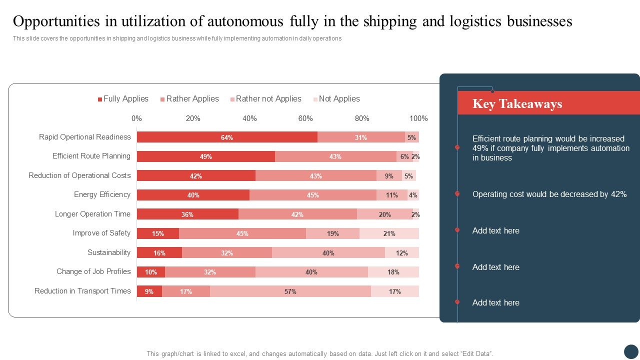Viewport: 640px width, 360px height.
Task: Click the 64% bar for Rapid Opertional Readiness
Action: click(227, 137)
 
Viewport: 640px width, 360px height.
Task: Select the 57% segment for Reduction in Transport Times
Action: click(290, 291)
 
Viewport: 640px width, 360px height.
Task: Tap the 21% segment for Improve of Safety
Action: click(389, 233)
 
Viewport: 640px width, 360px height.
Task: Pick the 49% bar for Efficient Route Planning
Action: click(205, 156)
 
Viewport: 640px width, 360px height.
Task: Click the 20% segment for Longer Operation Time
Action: click(384, 214)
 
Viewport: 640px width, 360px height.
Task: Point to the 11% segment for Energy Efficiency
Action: click(391, 195)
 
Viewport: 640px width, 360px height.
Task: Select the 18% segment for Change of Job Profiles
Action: click(393, 272)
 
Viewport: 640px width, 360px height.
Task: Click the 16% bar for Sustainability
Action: click(159, 253)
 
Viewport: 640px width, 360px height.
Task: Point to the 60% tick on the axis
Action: click(305, 118)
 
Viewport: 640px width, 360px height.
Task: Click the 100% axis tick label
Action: click(418, 118)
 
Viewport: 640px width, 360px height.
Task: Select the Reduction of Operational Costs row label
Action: click(79, 175)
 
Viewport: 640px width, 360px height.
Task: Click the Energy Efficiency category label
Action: click(102, 194)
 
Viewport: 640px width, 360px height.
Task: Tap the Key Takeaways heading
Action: click(517, 104)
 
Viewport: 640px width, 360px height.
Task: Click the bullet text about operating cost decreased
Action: click(549, 194)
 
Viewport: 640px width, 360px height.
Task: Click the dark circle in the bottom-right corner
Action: click(631, 351)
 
